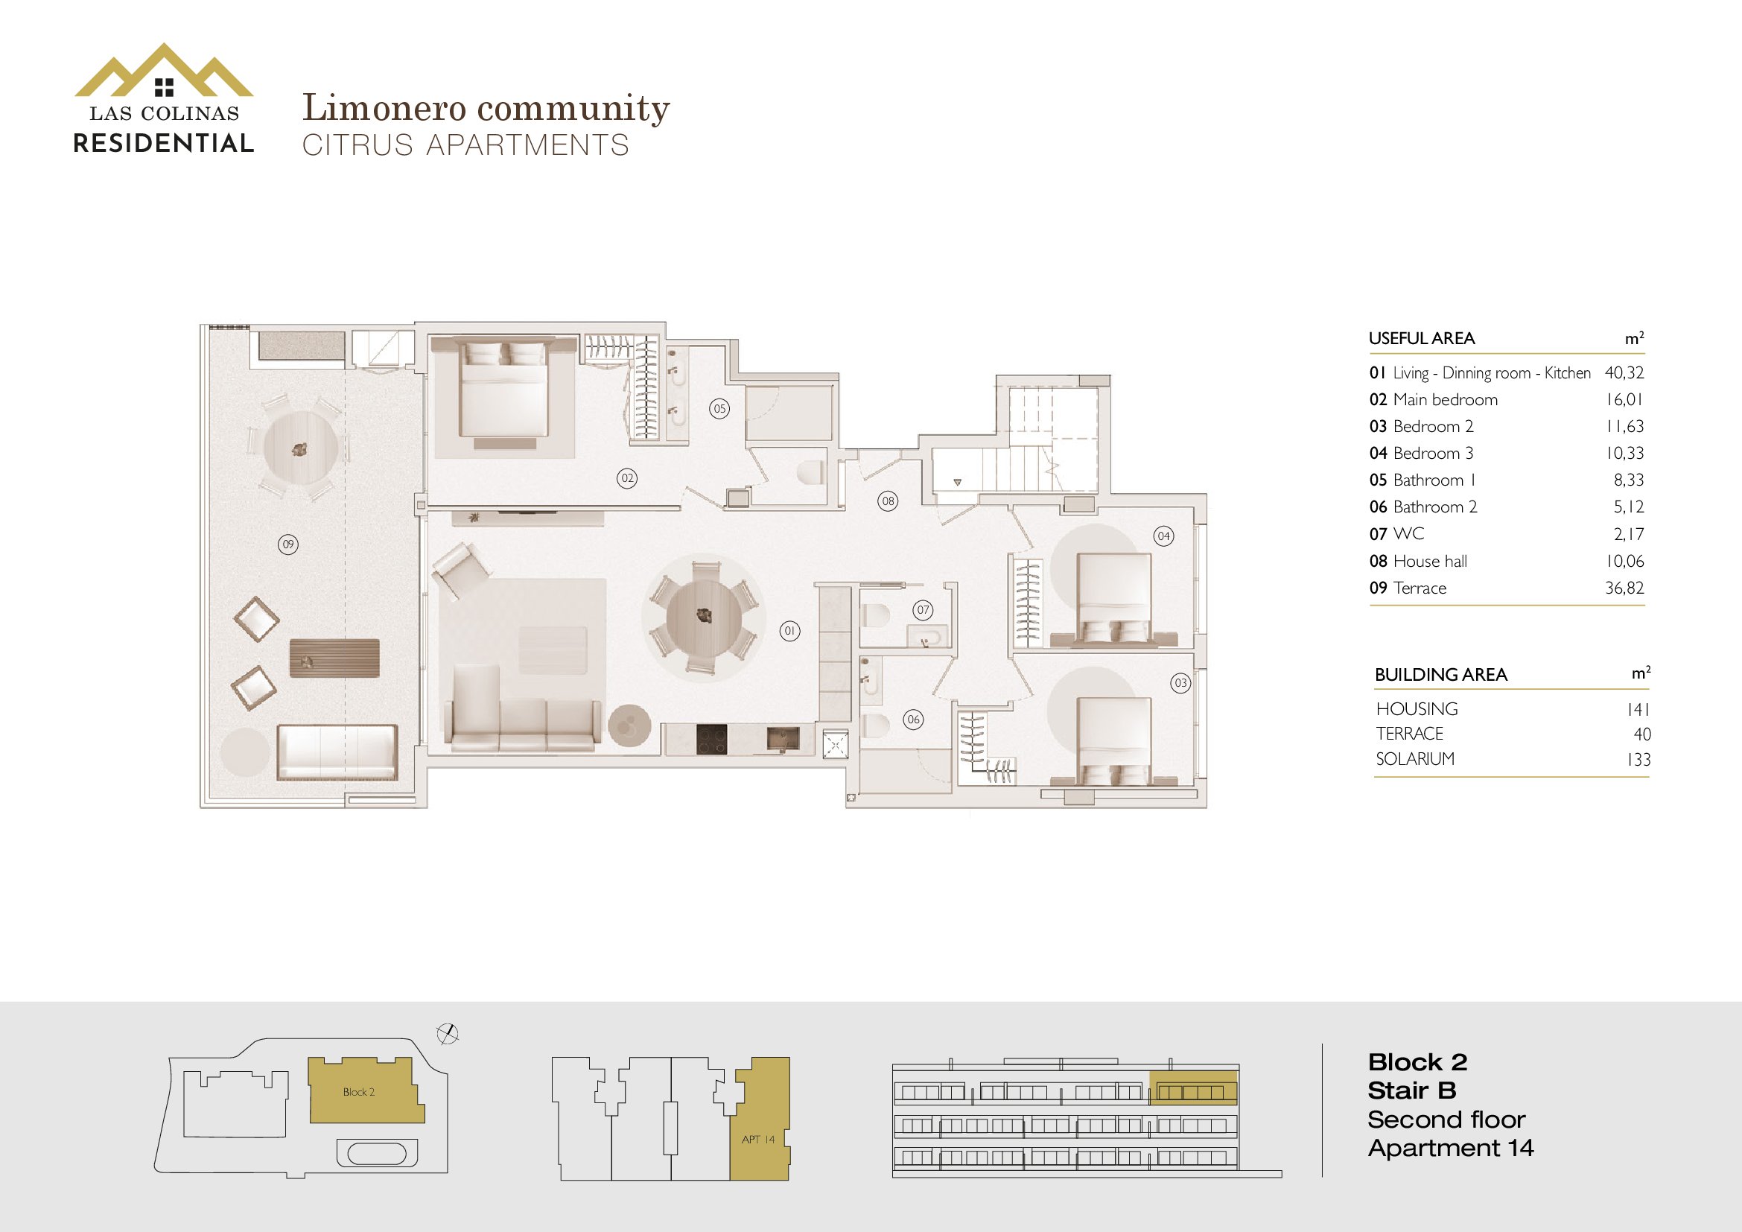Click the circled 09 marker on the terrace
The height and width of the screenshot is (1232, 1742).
click(288, 544)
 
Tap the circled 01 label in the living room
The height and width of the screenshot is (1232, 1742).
click(789, 630)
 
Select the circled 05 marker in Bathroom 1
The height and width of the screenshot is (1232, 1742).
click(720, 408)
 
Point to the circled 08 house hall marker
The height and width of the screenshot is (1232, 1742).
click(888, 501)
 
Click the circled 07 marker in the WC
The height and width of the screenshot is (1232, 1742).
click(923, 609)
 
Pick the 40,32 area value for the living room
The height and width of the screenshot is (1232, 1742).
click(1624, 372)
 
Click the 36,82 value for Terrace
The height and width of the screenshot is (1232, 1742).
click(1624, 588)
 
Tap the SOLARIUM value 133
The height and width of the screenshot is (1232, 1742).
click(1638, 759)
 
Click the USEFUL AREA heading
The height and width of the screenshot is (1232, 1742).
click(1422, 338)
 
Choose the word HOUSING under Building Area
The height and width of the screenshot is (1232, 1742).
click(1417, 708)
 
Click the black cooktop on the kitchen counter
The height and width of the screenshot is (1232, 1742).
click(712, 740)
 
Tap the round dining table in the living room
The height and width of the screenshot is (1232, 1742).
click(704, 615)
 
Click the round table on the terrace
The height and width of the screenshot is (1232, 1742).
click(300, 448)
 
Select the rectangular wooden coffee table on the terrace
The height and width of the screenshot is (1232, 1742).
click(334, 658)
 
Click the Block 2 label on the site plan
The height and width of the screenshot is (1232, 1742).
click(359, 1092)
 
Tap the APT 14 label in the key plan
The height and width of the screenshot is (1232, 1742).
click(758, 1140)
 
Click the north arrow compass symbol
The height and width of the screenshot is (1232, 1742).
click(448, 1033)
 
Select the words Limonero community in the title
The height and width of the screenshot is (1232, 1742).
click(486, 108)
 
